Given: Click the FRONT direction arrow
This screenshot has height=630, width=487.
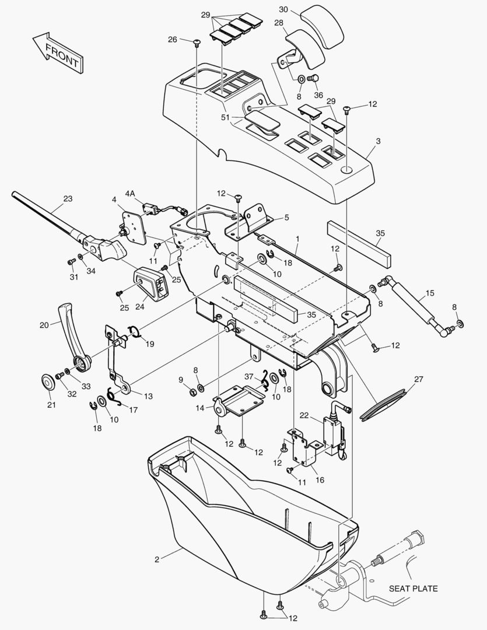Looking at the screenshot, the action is click(58, 53).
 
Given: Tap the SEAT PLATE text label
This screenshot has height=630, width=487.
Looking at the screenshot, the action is click(413, 589).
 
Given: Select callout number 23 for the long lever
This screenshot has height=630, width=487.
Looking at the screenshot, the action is click(68, 198).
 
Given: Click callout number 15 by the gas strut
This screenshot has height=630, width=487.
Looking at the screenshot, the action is click(430, 293).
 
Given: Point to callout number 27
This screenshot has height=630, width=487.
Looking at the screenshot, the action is click(419, 379).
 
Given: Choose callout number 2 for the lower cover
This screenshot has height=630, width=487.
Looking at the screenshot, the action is click(157, 559).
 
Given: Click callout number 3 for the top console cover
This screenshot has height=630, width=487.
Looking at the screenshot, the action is click(378, 141).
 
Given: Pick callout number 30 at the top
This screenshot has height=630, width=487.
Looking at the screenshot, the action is click(283, 9).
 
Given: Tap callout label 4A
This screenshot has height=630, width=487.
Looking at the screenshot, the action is click(130, 194).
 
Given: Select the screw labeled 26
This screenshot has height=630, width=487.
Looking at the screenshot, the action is click(197, 43).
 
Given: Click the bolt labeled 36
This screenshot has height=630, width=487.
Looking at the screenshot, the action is click(313, 78).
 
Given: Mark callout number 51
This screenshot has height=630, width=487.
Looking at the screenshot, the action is click(225, 117).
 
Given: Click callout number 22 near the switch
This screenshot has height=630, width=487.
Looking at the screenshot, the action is click(304, 415).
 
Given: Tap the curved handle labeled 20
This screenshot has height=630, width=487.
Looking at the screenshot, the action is click(74, 338).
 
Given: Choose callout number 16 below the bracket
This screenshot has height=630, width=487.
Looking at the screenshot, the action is click(320, 480).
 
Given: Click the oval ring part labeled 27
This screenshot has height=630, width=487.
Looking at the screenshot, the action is click(384, 405).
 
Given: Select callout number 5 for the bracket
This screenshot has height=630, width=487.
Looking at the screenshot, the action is click(286, 218).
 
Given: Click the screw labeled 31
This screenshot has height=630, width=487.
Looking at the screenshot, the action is click(72, 261).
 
